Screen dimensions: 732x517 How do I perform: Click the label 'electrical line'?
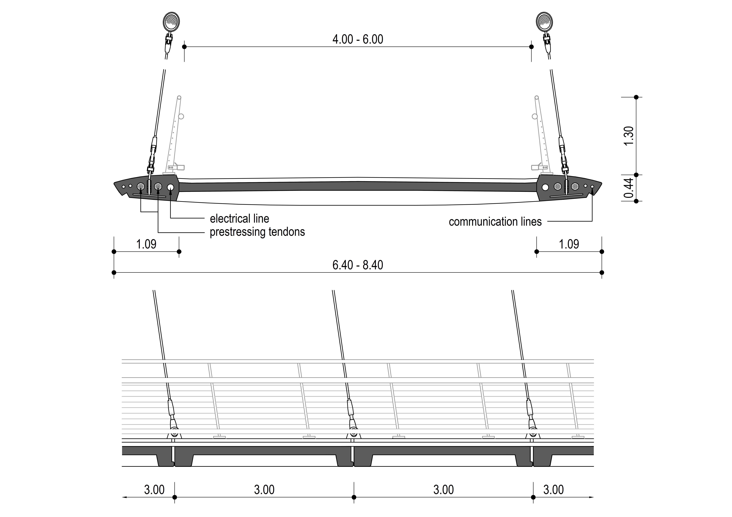click(x=239, y=219)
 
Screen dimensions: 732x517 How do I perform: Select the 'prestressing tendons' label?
click(x=257, y=232)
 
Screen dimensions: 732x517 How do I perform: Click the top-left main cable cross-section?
click(x=171, y=21)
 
